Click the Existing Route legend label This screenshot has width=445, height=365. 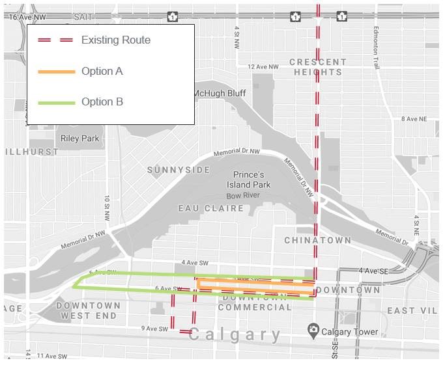click(x=115, y=40)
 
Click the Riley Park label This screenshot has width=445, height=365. click(x=79, y=138)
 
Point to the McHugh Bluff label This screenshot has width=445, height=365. click(x=219, y=93)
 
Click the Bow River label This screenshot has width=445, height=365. click(x=242, y=195)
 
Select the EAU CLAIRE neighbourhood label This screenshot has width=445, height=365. click(x=211, y=209)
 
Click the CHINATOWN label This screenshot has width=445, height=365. click(x=317, y=240)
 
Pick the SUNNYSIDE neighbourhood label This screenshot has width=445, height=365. click(x=179, y=170)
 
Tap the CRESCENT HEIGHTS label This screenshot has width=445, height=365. click(x=318, y=67)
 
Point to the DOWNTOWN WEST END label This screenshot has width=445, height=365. click(x=89, y=310)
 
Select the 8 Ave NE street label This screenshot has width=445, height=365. click(x=413, y=118)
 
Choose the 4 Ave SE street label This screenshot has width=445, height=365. click(x=373, y=270)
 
